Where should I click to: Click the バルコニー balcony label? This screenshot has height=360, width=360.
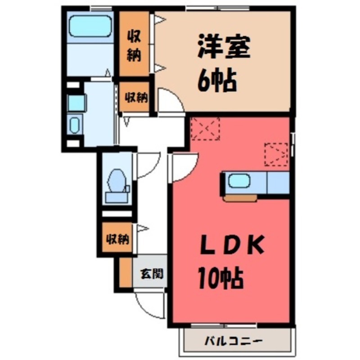click(234, 340)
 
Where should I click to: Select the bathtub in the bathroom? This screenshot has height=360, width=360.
click(90, 27)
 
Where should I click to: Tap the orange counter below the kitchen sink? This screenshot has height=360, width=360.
click(240, 198)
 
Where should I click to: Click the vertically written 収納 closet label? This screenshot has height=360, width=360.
click(134, 45)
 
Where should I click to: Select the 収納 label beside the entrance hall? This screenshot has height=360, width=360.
click(117, 239)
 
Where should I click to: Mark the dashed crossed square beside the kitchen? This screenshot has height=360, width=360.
click(276, 154)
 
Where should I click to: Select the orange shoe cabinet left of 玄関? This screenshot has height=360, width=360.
click(126, 273)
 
